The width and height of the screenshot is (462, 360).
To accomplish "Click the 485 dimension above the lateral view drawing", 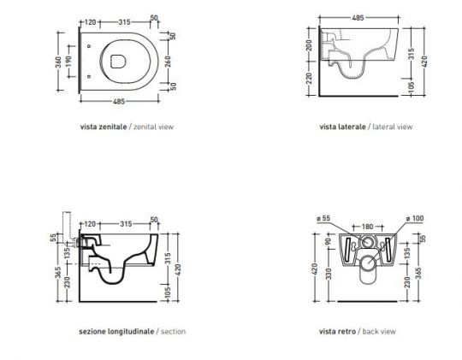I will tap(363, 16).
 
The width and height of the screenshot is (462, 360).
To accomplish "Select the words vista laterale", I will tap(342, 126).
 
